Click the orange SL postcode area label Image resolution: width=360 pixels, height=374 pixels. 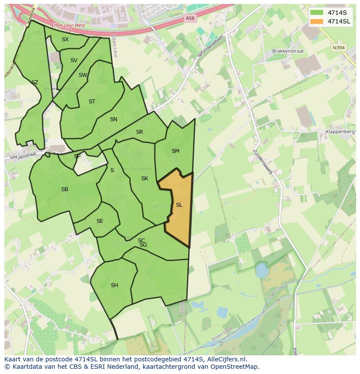tap(179, 205)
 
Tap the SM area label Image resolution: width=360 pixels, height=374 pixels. tap(175, 151)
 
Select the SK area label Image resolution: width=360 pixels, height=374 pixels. tap(145, 179)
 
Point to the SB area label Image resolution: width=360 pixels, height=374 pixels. tap(65, 189)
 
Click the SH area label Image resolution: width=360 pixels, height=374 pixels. tap(114, 285)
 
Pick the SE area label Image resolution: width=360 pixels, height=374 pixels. tap(100, 221)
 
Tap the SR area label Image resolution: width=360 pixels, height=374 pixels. tap(140, 132)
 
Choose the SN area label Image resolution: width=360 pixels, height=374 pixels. tap(113, 119)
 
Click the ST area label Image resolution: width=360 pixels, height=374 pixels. tap(92, 102)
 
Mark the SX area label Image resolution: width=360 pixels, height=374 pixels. tap(65, 40)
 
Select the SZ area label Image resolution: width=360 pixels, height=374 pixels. tap(35, 83)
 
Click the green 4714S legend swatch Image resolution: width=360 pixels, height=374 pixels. tap(317, 13)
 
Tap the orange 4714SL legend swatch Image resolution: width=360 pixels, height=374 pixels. tap(317, 21)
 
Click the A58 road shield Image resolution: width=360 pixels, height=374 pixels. tap(190, 18)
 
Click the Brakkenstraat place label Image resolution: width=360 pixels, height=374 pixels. tap(288, 51)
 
